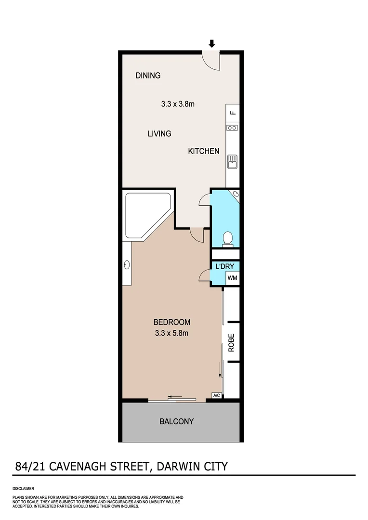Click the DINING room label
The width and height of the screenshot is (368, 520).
[x=148, y=76]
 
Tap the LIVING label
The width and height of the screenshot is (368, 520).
[x=159, y=133]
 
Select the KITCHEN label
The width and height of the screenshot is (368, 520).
[x=203, y=151]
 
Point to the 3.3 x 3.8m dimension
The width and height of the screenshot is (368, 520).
[x=177, y=104]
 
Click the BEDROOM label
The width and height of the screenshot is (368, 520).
[x=172, y=322]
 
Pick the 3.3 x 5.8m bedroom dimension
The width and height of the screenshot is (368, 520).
[x=171, y=332]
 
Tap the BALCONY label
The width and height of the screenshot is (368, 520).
[x=176, y=421]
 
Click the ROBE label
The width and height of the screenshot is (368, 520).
[x=231, y=343]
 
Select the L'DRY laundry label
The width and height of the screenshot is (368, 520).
[x=224, y=266]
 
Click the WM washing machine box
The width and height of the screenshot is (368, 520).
[x=232, y=278]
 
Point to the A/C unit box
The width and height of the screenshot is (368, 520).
[x=217, y=396]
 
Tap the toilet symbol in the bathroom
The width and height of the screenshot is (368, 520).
[x=228, y=238]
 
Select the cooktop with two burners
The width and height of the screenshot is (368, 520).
[x=232, y=128]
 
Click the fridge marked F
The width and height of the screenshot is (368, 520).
[x=233, y=113]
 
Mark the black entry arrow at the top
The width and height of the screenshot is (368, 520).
[x=211, y=43]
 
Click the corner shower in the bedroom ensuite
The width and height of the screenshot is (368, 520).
[x=146, y=214]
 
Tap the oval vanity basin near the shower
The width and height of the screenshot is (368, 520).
[x=127, y=264]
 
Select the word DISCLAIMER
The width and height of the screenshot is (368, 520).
[x=23, y=489]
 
